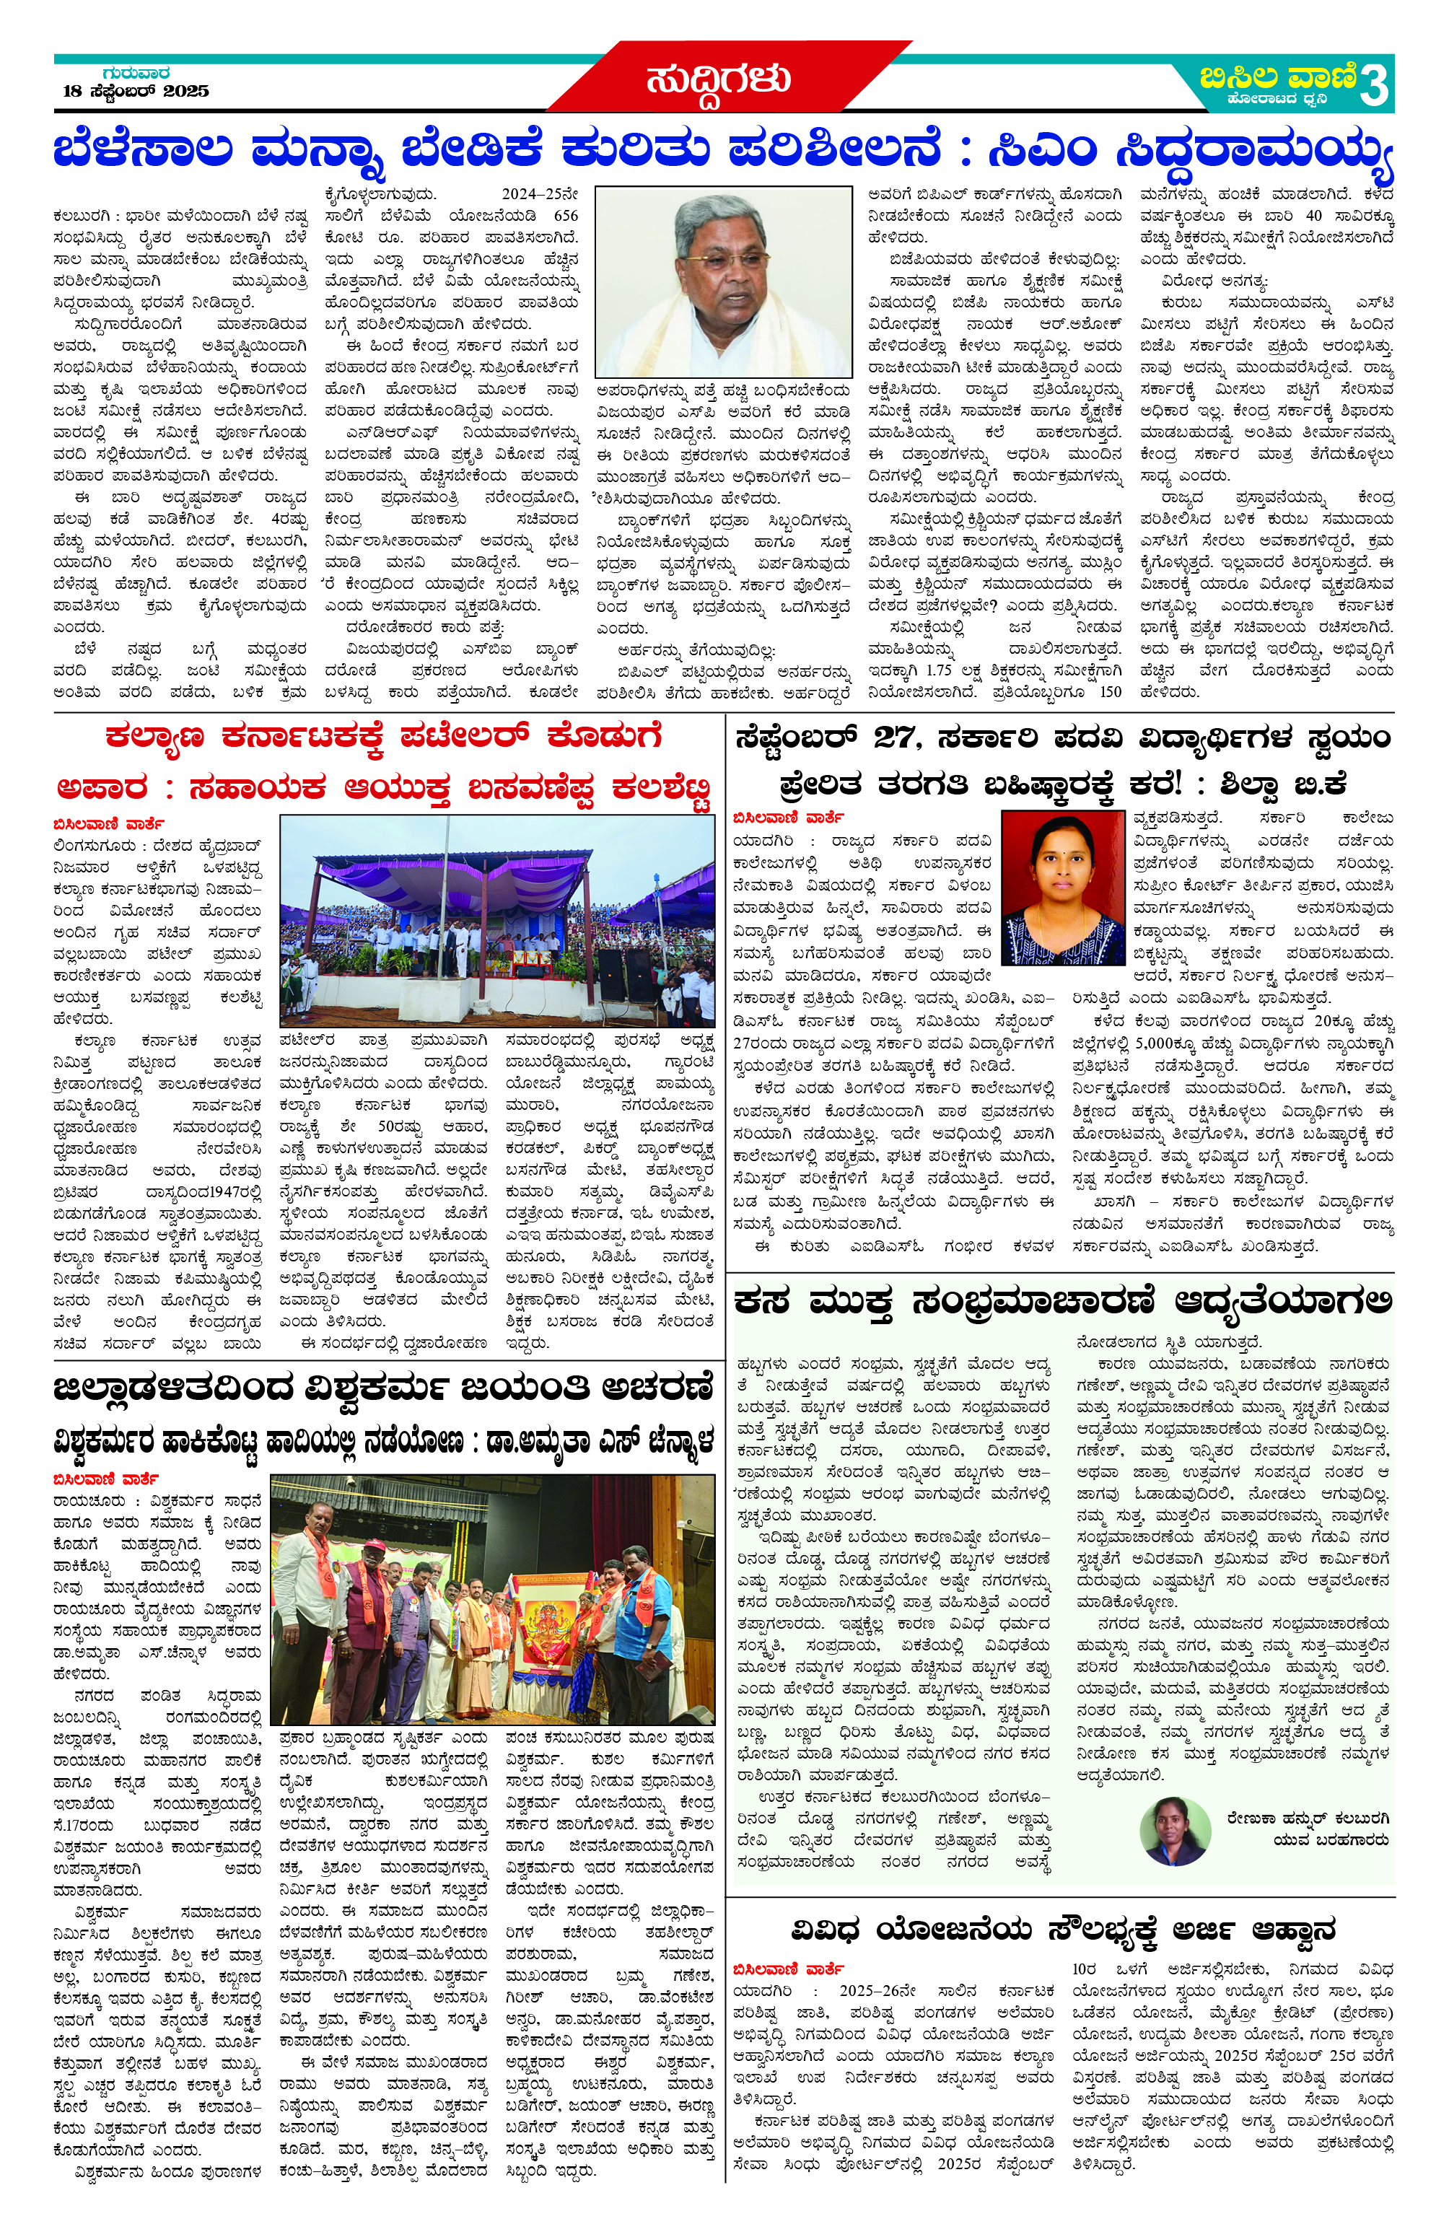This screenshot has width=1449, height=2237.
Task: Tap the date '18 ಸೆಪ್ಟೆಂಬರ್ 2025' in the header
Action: click(x=136, y=91)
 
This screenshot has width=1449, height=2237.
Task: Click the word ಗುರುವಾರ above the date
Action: click(x=136, y=72)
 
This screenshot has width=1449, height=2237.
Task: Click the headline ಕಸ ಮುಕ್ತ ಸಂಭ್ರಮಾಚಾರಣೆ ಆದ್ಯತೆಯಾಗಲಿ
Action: click(x=1061, y=1302)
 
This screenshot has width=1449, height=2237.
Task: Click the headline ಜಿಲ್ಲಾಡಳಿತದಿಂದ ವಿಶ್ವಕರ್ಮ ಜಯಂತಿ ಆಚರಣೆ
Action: click(x=383, y=1388)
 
